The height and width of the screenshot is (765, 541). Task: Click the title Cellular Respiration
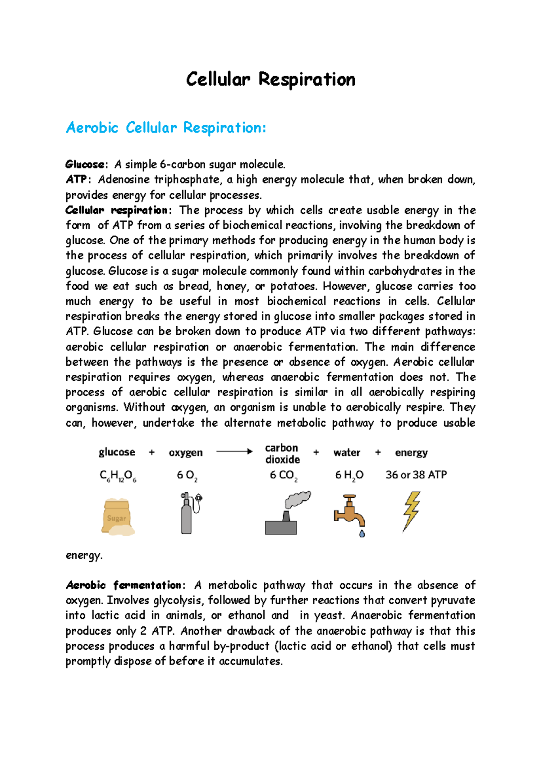(270, 80)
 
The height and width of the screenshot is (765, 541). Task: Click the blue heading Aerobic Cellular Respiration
(166, 128)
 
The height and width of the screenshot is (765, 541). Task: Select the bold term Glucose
(85, 164)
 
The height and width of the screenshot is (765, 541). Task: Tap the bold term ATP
(76, 180)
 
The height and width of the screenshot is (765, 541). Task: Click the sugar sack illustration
(118, 517)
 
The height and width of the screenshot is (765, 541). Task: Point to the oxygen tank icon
(189, 514)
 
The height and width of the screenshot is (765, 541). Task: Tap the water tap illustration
(349, 512)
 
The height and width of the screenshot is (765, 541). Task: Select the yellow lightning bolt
(411, 510)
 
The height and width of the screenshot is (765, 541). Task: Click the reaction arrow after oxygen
(234, 451)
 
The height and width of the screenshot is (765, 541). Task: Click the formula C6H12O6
(118, 476)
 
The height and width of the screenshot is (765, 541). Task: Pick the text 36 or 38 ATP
(416, 475)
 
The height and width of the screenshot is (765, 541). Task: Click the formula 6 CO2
(283, 475)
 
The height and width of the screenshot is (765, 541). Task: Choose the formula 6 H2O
(349, 475)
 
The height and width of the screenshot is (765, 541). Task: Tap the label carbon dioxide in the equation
(282, 454)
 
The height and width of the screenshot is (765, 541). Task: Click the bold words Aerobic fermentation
(123, 585)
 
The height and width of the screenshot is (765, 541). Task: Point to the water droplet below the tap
(362, 534)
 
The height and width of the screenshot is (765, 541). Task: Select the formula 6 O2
(187, 476)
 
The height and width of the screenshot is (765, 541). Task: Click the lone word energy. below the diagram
(84, 556)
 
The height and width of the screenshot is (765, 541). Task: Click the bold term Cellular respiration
(116, 210)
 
